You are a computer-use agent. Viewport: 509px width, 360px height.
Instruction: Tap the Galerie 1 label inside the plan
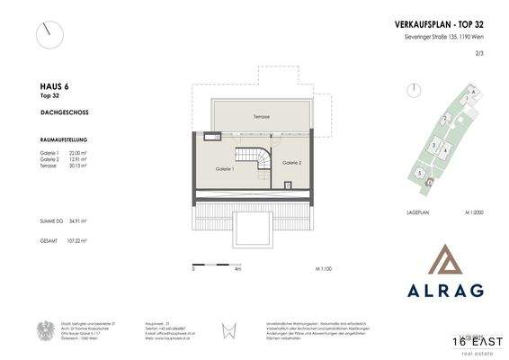225,169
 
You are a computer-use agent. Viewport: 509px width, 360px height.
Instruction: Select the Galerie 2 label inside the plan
290,163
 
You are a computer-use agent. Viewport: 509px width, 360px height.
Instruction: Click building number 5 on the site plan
420,171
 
